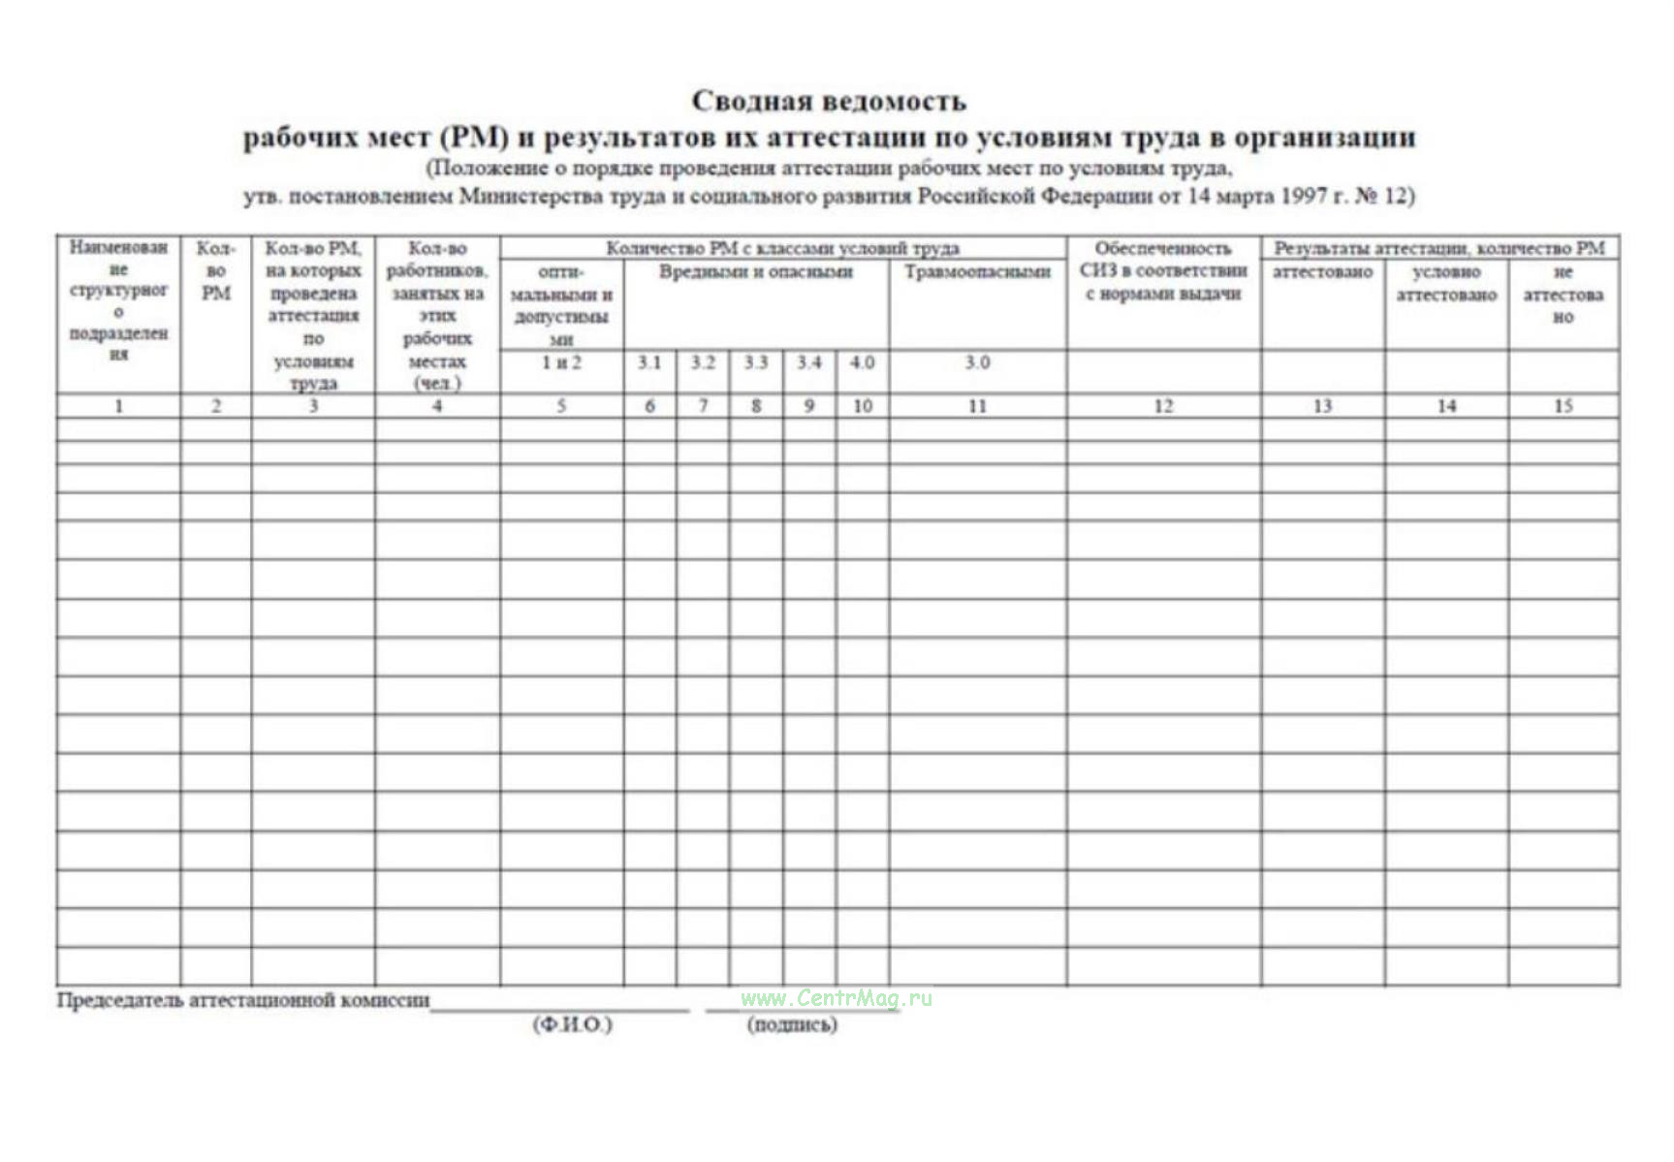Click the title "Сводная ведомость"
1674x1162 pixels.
coord(829,101)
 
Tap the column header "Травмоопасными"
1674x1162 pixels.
coord(977,272)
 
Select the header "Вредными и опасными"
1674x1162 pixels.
coord(756,272)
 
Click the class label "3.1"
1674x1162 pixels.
coord(649,362)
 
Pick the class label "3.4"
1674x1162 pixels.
coord(809,362)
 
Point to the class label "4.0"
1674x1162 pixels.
coord(862,362)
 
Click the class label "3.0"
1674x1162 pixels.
coord(977,362)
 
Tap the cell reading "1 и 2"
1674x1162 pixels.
coord(561,362)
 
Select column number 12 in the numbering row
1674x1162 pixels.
coord(1163,406)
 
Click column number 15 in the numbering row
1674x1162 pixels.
coord(1563,406)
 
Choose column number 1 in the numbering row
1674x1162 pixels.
coord(118,406)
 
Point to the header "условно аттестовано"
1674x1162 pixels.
coord(1446,283)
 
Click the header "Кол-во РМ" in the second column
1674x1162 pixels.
coord(216,270)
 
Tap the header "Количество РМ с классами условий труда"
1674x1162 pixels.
coord(782,249)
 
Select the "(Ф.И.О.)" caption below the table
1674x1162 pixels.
coord(572,1024)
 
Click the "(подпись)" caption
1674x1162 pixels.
coord(792,1024)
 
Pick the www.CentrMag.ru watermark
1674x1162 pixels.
coord(836,998)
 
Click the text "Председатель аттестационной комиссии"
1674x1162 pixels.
coord(242,1000)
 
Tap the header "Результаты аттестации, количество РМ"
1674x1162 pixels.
coord(1439,249)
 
